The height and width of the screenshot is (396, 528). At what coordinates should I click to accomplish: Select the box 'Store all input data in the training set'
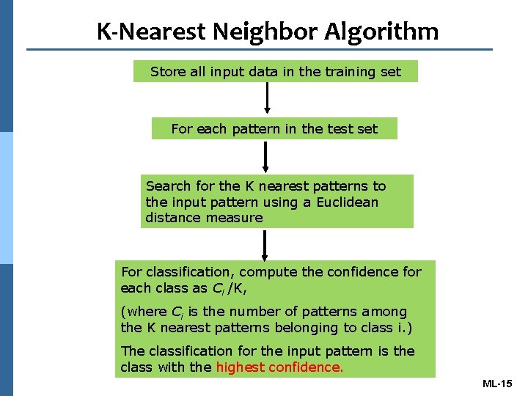(276, 71)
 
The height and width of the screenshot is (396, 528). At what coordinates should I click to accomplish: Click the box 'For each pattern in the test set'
(274, 129)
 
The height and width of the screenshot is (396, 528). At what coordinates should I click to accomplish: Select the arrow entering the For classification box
(265, 244)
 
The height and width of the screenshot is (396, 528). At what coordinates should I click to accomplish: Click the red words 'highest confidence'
(279, 367)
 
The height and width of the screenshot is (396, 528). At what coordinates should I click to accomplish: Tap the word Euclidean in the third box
(348, 202)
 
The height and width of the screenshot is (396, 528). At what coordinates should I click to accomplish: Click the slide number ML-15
(499, 384)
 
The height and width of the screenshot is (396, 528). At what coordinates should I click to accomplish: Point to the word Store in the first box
(167, 71)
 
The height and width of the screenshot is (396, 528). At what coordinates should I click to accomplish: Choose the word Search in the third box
(168, 186)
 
